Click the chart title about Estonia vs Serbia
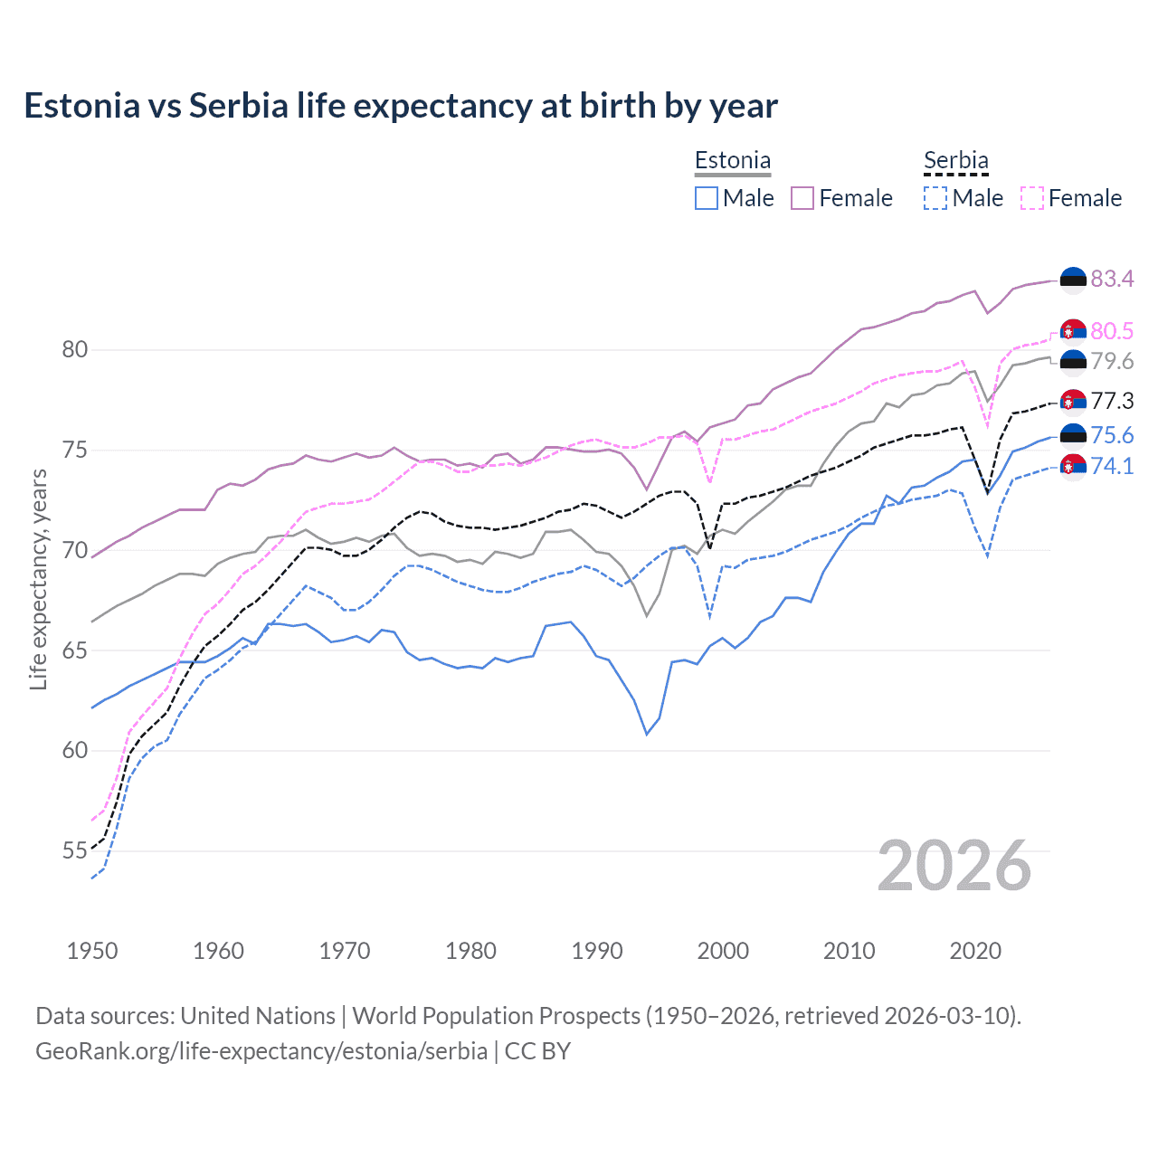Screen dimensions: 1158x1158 click(400, 106)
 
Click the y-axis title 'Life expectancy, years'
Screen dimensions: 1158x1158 click(38, 579)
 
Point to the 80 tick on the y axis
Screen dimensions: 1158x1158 click(74, 349)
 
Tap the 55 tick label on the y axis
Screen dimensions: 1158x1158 click(74, 850)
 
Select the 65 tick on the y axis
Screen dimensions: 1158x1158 click(74, 650)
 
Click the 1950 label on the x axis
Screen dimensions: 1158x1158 click(92, 951)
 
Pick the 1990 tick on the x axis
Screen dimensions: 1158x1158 click(597, 951)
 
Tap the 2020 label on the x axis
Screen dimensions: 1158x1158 click(975, 951)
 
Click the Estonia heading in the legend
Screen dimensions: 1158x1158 click(732, 160)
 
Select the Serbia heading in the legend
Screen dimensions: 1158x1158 click(955, 160)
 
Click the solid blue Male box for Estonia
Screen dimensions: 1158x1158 click(707, 198)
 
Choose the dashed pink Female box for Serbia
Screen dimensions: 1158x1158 click(1032, 198)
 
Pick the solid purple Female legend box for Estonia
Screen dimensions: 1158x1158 click(802, 198)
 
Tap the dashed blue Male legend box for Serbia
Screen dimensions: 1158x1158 click(935, 198)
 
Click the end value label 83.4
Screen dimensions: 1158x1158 click(1112, 279)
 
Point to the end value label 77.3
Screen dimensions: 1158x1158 click(1112, 401)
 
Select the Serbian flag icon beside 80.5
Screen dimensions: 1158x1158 click(1073, 332)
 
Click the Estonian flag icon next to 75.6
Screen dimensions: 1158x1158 click(1073, 435)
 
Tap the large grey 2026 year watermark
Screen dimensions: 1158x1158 click(954, 866)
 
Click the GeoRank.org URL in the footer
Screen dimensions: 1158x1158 click(261, 1051)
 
